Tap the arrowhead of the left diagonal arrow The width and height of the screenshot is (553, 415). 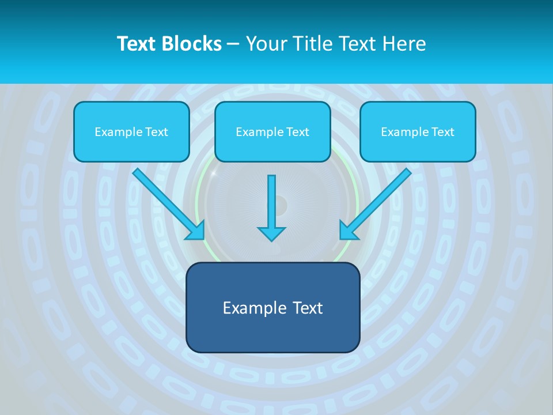[x=196, y=231]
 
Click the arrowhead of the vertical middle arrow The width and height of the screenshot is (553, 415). [x=271, y=233]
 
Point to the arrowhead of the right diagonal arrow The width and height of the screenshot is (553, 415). [x=349, y=230]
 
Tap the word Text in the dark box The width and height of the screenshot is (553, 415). [x=307, y=308]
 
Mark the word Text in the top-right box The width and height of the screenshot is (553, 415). [x=442, y=132]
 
